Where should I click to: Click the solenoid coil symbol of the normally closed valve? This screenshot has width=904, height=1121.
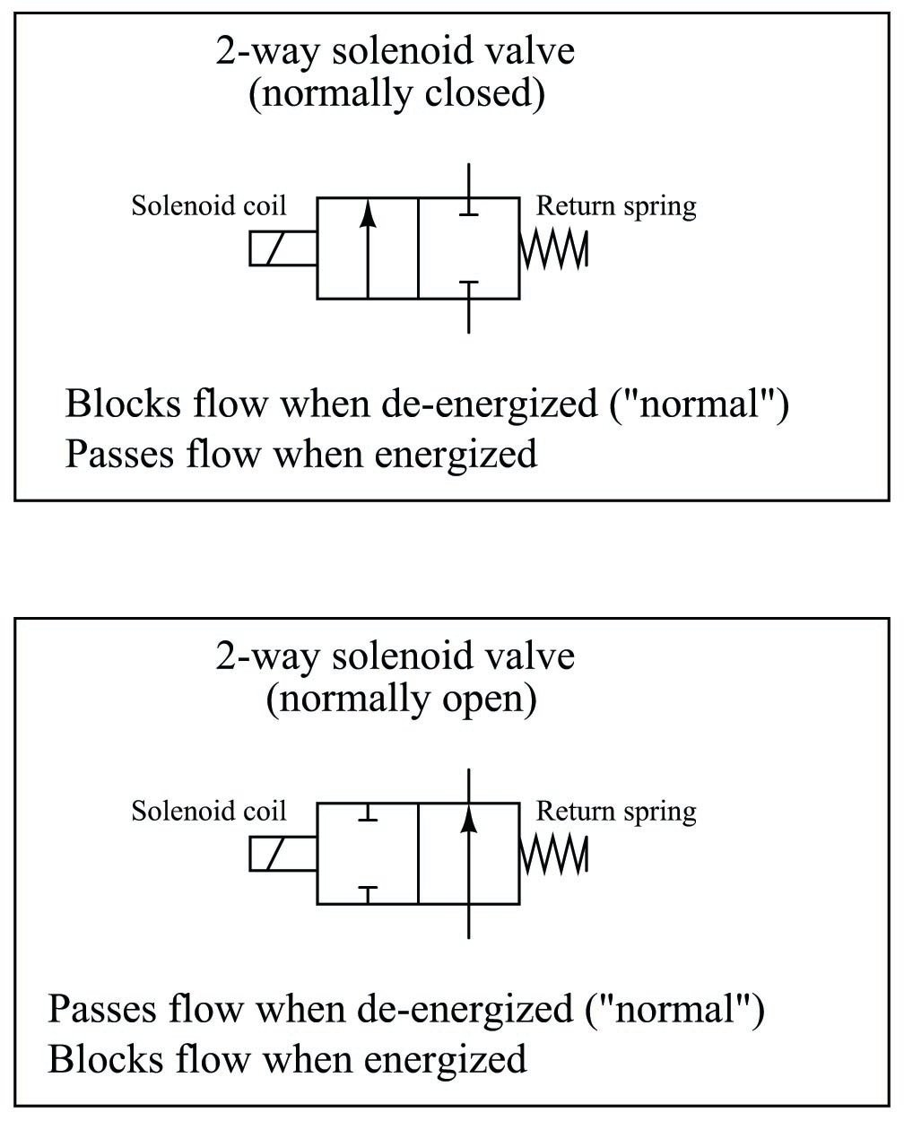(282, 248)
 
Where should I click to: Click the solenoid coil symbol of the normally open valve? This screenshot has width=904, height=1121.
(282, 854)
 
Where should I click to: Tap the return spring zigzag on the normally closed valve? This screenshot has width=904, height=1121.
(553, 248)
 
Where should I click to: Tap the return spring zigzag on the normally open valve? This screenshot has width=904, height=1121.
(553, 854)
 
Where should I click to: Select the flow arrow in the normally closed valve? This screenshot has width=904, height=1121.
(367, 247)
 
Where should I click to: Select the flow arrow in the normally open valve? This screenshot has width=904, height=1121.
(468, 852)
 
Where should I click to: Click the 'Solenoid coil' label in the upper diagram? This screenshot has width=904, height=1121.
(209, 205)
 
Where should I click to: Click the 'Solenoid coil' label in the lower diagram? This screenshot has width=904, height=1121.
(209, 811)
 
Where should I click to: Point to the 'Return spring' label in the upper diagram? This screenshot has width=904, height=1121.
(616, 205)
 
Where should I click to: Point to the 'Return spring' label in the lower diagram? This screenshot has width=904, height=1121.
(616, 811)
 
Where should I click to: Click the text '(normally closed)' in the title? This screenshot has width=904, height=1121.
(395, 93)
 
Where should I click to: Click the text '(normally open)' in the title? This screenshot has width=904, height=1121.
(401, 699)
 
